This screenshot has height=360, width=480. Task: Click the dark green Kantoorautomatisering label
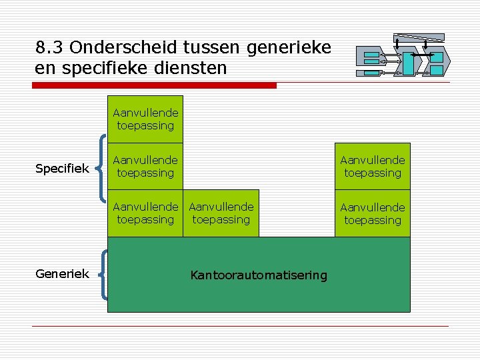pyautogui.click(x=259, y=275)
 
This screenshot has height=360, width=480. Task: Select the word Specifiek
pyautogui.click(x=62, y=169)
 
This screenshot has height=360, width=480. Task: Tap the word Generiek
pyautogui.click(x=62, y=273)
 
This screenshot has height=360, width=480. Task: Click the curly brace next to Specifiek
pyautogui.click(x=101, y=167)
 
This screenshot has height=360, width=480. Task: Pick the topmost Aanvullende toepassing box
pyautogui.click(x=145, y=119)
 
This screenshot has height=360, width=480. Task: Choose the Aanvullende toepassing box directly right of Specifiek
pyautogui.click(x=145, y=167)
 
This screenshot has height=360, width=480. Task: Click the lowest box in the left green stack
pyautogui.click(x=145, y=213)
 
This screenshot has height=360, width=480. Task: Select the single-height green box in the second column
pyautogui.click(x=221, y=213)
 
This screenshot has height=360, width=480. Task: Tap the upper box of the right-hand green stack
pyautogui.click(x=373, y=167)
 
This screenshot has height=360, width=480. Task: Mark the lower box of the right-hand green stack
pyautogui.click(x=373, y=213)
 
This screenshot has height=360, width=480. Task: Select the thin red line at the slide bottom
pyautogui.click(x=240, y=326)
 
